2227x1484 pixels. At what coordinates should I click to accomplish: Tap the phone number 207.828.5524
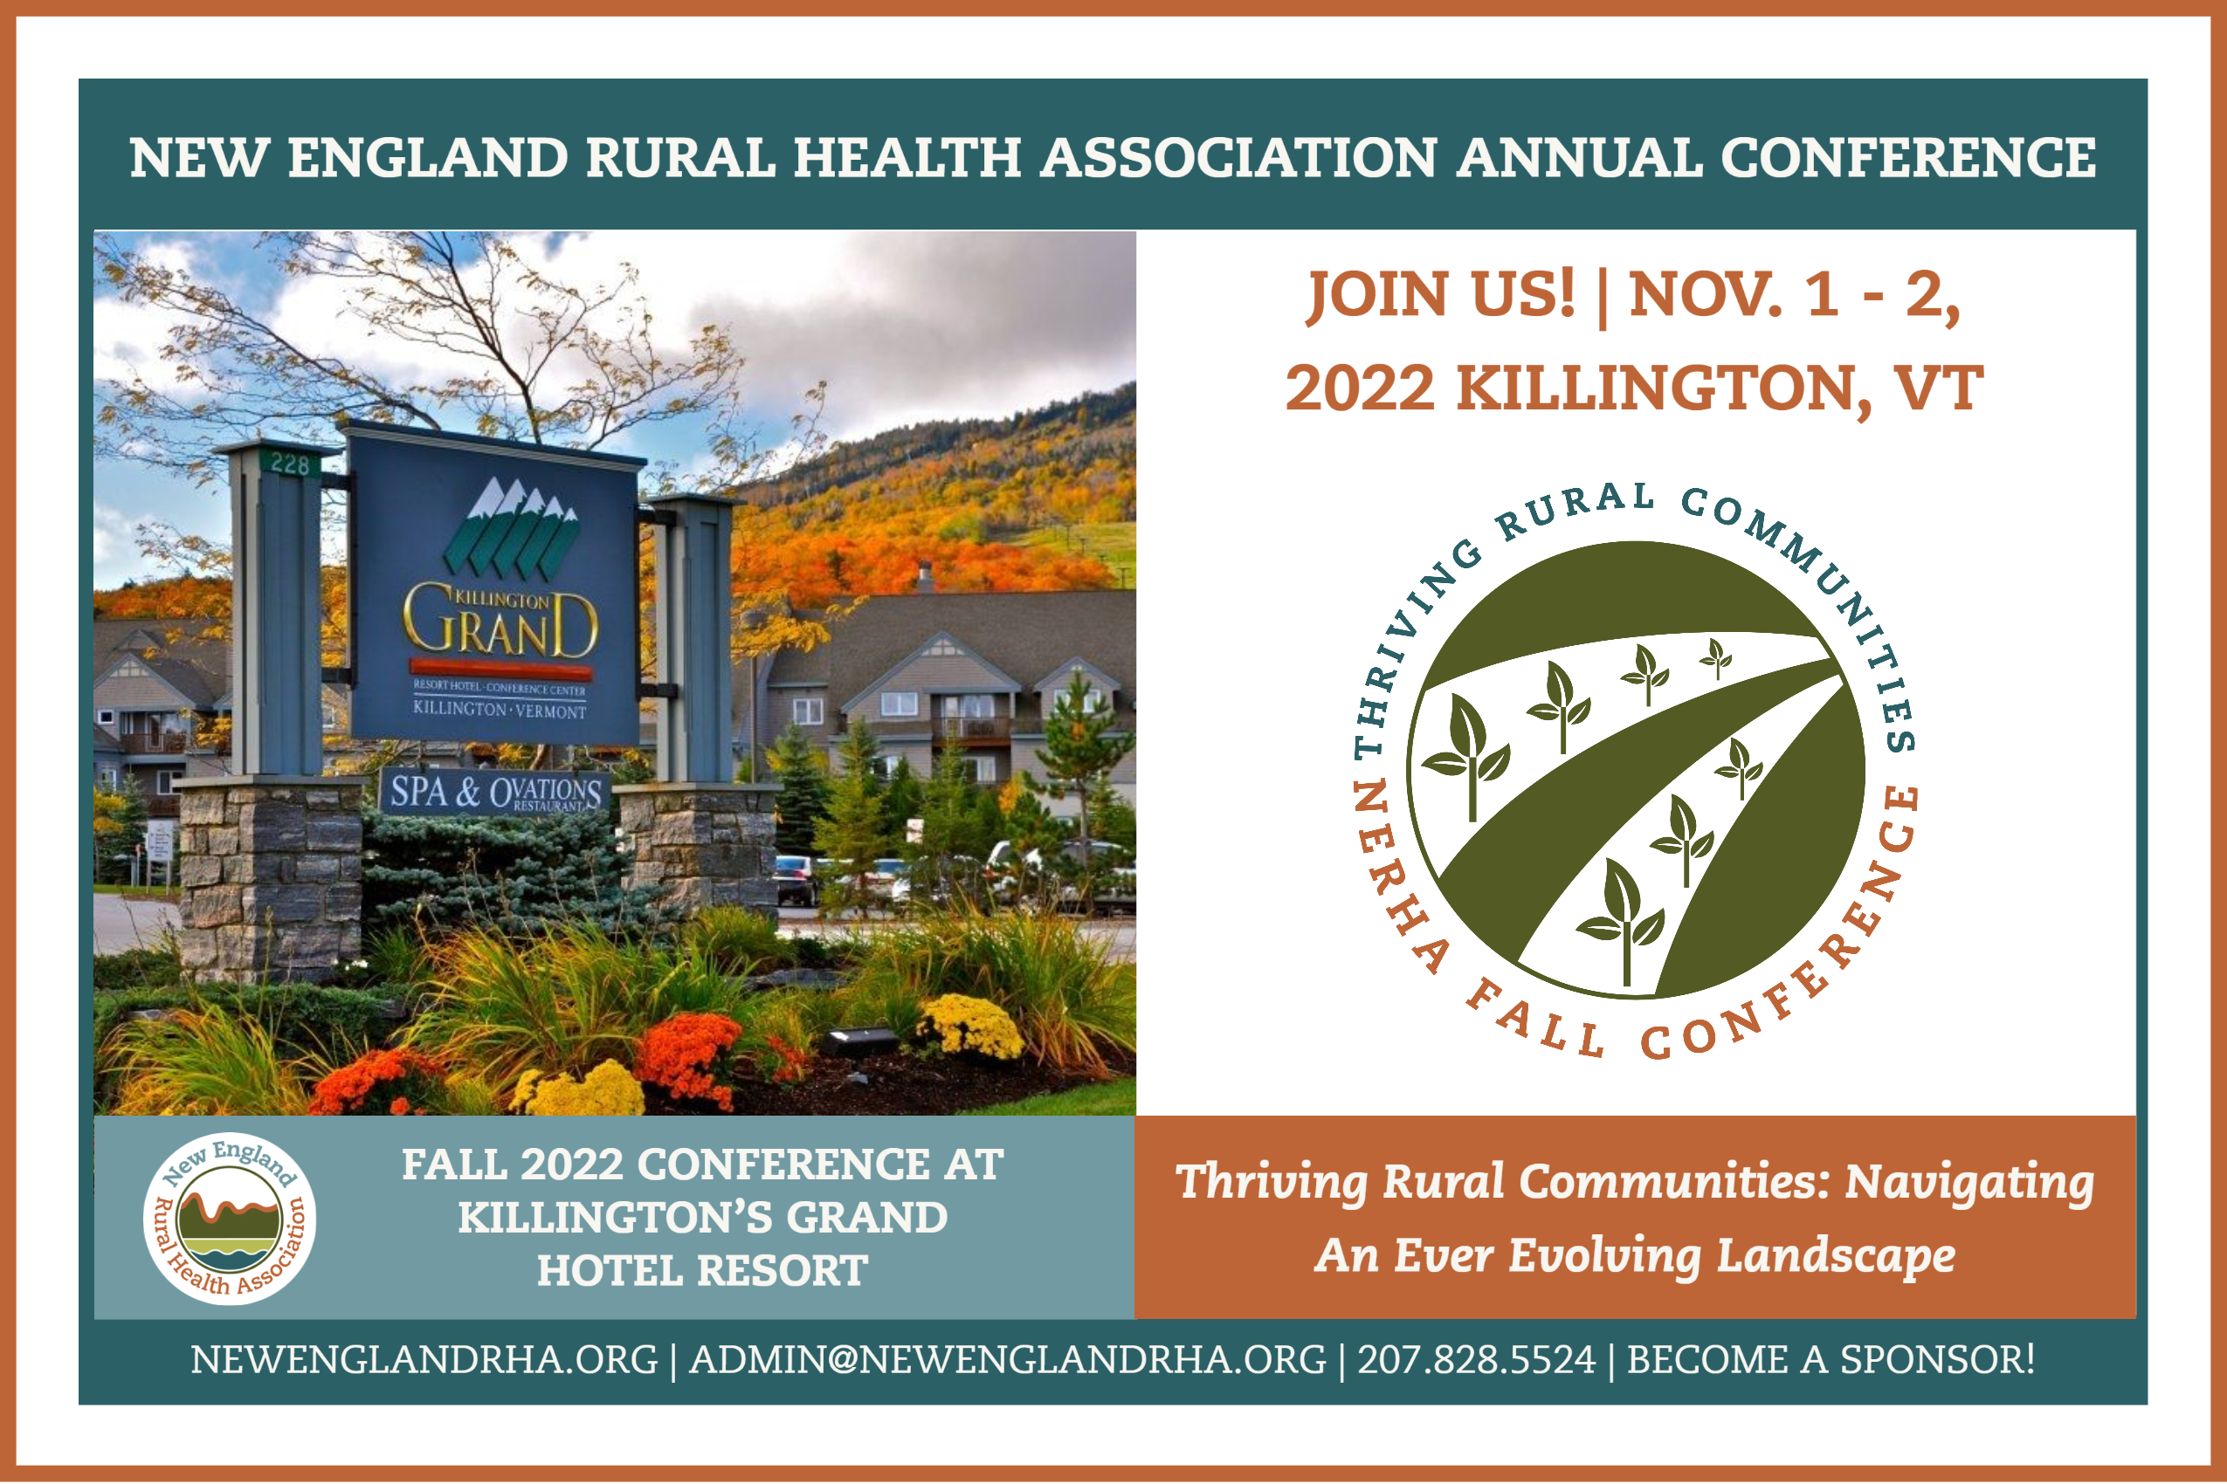(x=1477, y=1360)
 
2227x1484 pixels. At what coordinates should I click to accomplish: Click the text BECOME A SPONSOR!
(x=1831, y=1360)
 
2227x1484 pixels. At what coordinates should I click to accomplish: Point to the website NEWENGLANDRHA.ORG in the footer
(x=424, y=1360)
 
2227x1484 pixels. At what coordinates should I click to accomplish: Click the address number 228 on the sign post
(x=290, y=464)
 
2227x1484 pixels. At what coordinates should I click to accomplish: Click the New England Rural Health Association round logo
(x=229, y=1218)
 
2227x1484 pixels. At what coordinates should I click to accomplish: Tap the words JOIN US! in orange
(x=1440, y=294)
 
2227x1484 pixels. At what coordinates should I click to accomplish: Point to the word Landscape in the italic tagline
(x=1836, y=1256)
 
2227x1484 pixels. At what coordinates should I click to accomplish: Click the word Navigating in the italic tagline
(x=1969, y=1183)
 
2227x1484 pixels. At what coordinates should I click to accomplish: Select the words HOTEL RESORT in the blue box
(x=701, y=1270)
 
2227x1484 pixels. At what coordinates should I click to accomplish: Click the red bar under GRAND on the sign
(x=501, y=668)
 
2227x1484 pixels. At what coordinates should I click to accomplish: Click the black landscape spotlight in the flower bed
(x=858, y=1042)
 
